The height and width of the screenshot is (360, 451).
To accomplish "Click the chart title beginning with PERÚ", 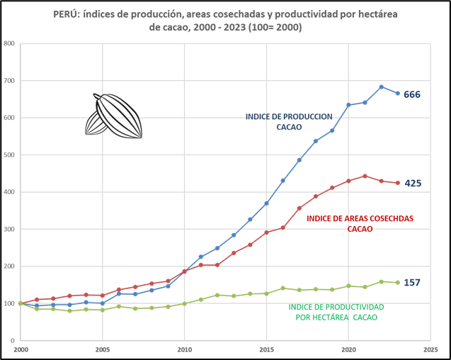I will (x=226, y=21).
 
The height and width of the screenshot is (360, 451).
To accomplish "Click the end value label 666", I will (x=412, y=94).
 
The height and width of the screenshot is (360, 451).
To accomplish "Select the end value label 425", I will (x=413, y=184).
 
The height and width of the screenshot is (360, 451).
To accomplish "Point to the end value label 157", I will (x=412, y=283).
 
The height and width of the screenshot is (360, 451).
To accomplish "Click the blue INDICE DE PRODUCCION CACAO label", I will (x=289, y=121).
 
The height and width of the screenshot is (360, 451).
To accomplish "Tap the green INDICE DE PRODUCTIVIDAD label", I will (x=336, y=312).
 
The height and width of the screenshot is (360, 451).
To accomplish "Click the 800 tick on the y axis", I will (x=10, y=43).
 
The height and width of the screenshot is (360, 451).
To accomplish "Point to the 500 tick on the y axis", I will (x=10, y=154).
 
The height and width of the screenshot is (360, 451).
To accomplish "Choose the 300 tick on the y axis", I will (x=10, y=229).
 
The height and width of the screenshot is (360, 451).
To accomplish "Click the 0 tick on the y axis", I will (x=13, y=341).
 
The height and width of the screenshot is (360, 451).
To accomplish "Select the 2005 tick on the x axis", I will (x=103, y=349).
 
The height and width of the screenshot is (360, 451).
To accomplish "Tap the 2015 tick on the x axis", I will (x=266, y=349).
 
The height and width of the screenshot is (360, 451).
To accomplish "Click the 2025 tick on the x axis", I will (x=430, y=349).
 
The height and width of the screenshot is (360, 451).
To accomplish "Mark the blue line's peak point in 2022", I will (x=382, y=87).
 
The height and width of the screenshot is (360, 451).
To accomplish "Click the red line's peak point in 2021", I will (x=365, y=176).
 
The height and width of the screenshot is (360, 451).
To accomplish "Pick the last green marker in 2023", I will (x=398, y=283).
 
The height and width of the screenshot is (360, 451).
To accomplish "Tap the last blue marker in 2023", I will (x=398, y=94).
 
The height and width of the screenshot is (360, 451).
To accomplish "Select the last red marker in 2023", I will (x=398, y=183).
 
